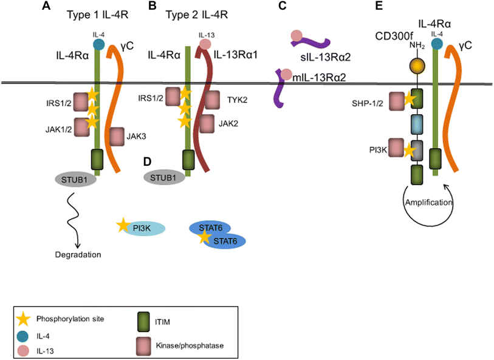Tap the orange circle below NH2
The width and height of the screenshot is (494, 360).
tap(417, 66)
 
